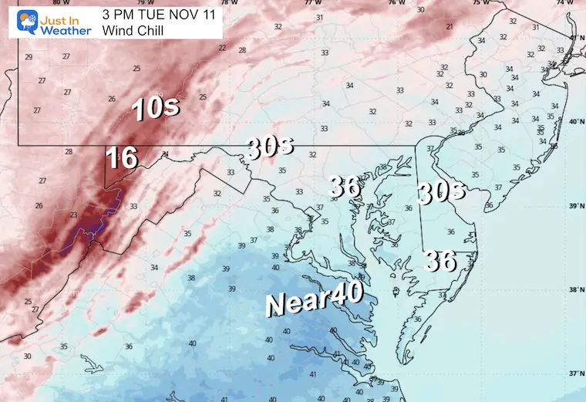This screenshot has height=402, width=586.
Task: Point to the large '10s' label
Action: (157, 108)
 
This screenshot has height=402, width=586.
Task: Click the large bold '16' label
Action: (122, 157)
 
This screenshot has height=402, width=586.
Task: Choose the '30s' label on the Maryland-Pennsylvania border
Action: (270, 146)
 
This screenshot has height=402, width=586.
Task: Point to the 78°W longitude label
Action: (224, 3)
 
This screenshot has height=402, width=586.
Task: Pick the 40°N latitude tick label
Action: (575, 122)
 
